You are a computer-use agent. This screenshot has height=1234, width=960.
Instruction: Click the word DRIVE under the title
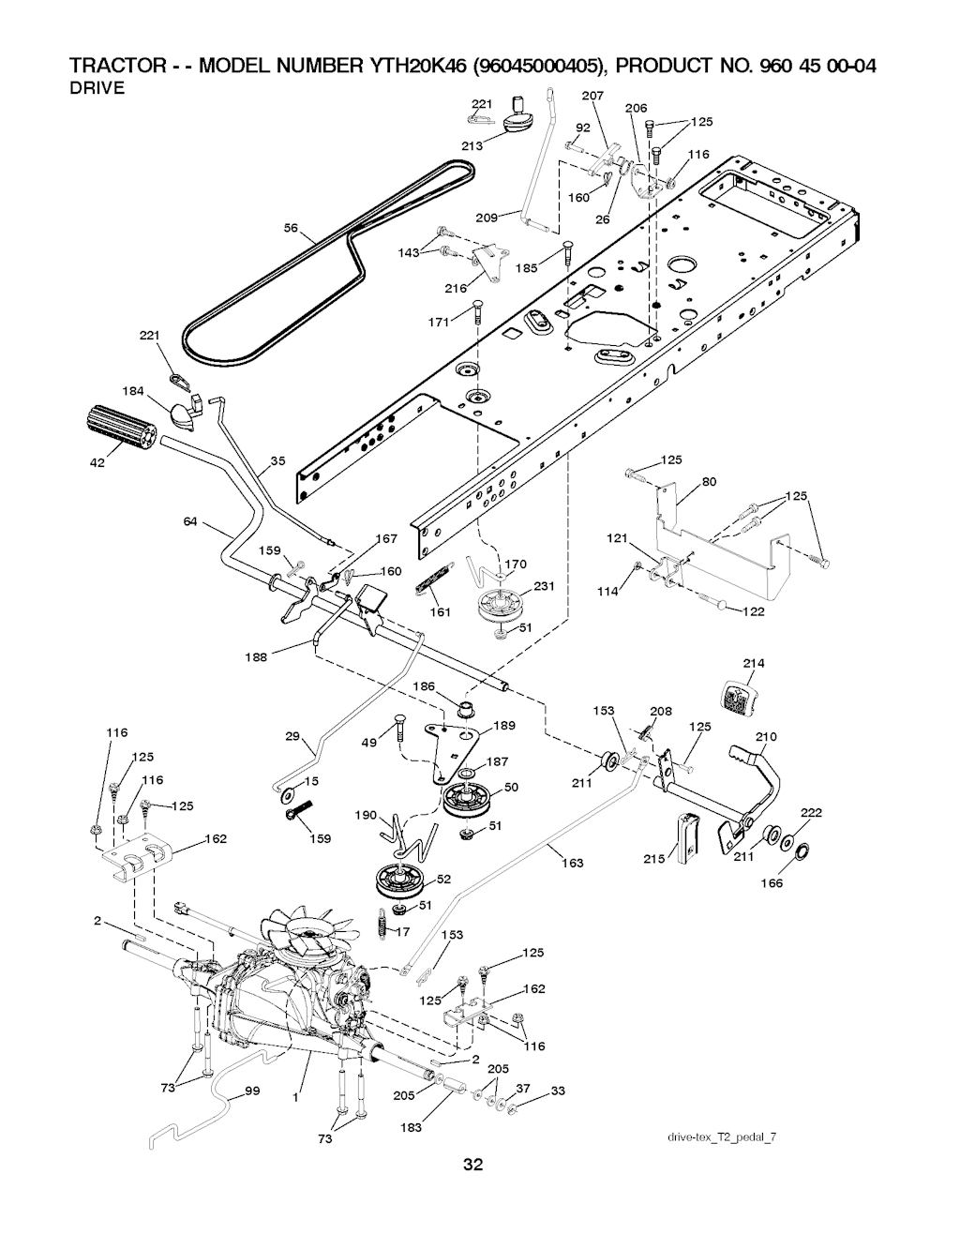pos(100,89)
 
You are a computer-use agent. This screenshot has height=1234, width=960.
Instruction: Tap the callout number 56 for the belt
pos(291,227)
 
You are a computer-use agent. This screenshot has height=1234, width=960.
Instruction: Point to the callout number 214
pos(754,663)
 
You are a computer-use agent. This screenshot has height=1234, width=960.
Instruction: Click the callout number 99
pos(252,1091)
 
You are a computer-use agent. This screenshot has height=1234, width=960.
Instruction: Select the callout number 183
pos(411,1127)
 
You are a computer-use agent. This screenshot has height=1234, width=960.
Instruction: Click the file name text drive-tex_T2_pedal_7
pos(721,1137)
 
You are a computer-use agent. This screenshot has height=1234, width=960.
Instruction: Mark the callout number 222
pos(812,812)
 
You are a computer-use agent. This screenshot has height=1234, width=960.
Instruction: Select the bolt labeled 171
pos(478,306)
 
